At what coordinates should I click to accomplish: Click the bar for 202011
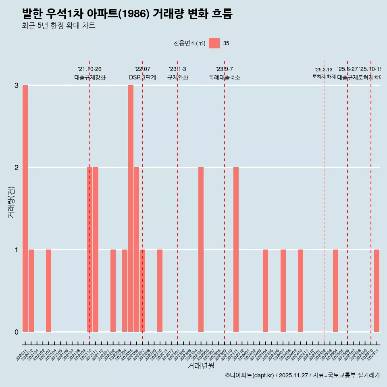[25, 208]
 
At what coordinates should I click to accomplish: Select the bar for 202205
[131, 208]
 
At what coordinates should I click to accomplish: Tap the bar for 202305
[201, 250]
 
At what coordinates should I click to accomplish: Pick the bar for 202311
[236, 250]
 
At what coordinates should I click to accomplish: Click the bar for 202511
[377, 291]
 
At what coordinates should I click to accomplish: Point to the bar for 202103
[48, 291]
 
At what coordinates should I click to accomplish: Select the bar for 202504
[335, 291]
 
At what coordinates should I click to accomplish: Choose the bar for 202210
[160, 291]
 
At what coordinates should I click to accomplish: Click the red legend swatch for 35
[214, 43]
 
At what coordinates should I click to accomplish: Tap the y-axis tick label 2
[17, 168]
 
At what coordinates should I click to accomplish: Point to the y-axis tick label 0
[17, 332]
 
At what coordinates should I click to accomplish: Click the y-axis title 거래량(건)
[11, 202]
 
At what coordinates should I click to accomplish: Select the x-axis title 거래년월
[201, 366]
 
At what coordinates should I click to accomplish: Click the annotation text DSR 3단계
[142, 77]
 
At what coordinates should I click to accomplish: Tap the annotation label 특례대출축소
[225, 77]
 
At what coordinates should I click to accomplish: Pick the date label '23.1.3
[177, 69]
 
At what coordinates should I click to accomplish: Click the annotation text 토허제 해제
[324, 76]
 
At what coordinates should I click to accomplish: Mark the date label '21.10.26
[89, 69]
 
